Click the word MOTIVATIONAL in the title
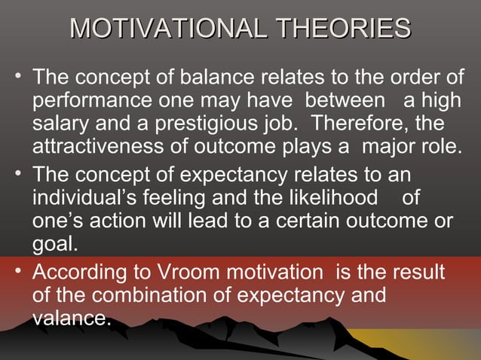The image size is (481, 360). (170, 30)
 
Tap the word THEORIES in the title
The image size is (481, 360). (344, 30)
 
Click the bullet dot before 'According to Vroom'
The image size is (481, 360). (17, 270)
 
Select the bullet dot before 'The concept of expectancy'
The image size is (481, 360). (17, 172)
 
